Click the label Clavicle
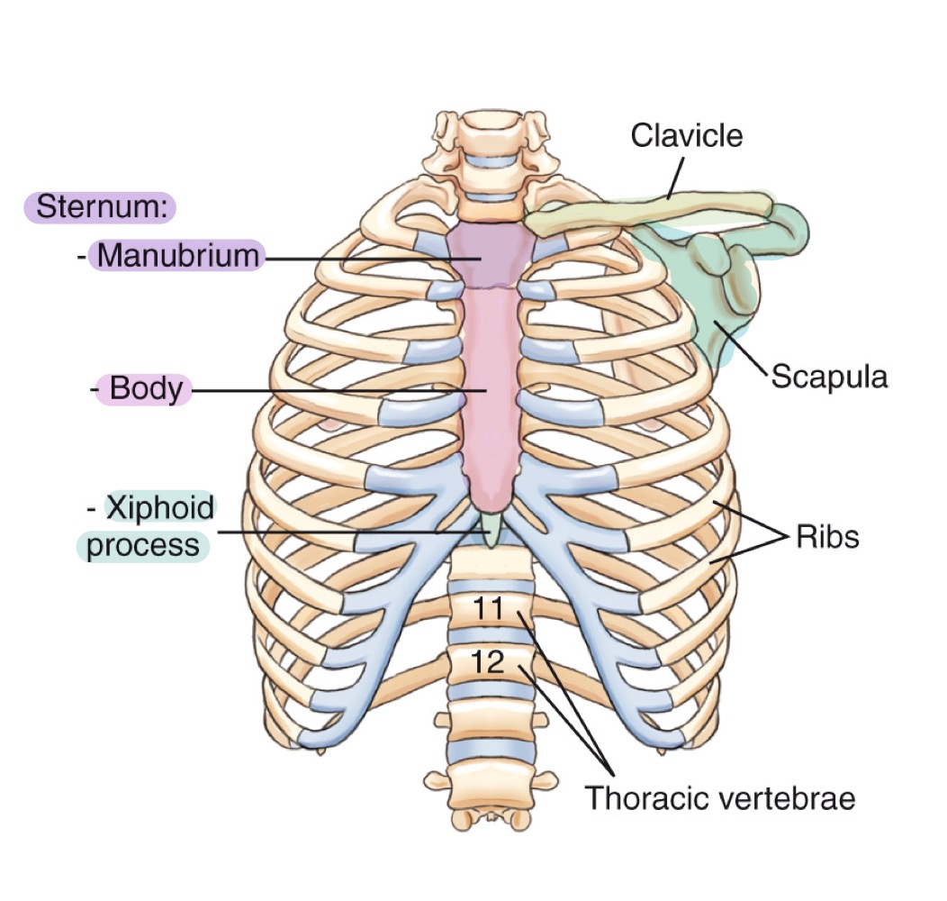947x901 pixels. point(687,136)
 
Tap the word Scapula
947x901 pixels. point(829,376)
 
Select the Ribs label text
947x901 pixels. point(828,537)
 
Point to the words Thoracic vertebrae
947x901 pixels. point(720,798)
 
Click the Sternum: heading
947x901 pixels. point(99,208)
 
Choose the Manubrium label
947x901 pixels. point(177,256)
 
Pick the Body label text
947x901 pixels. point(146,390)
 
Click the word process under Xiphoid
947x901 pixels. point(142,546)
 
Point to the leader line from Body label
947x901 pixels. point(333,391)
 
